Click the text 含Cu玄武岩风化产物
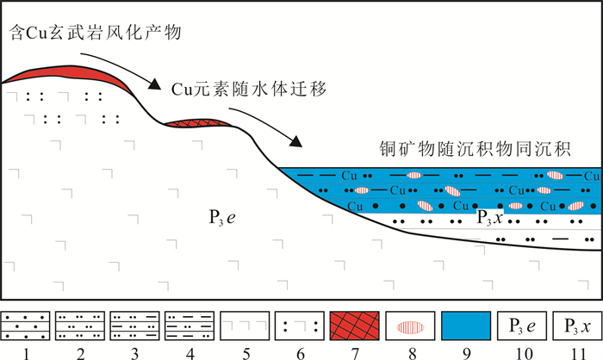tap(96, 34)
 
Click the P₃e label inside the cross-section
tap(222, 215)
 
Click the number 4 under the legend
tap(191, 351)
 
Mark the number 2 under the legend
tap(81, 351)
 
